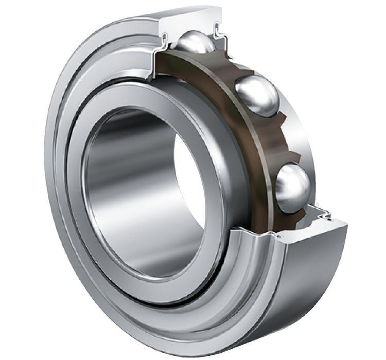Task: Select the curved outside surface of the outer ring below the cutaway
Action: coord(309,288)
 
